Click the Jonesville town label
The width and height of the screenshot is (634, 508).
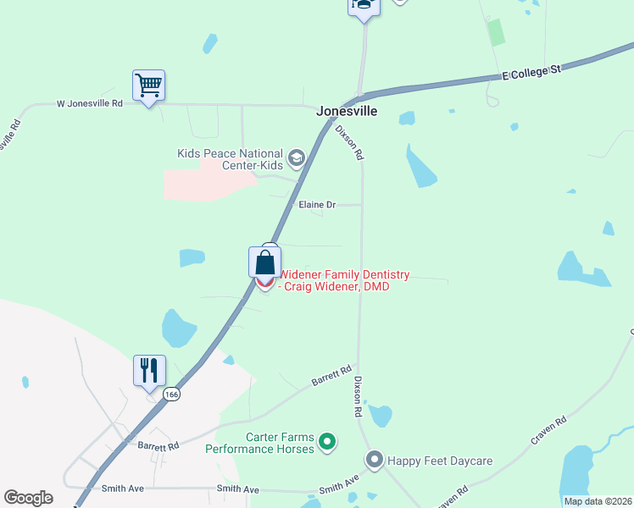347,111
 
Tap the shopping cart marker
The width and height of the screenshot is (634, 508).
148,86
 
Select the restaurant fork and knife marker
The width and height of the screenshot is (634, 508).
149,371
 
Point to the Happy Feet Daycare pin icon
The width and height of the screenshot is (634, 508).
375,460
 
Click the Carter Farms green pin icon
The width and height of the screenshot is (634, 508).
326,441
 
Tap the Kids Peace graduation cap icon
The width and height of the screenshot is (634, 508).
296,157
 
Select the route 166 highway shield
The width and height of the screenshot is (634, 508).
172,395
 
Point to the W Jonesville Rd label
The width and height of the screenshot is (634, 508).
90,104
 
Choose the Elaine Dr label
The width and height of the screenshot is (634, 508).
318,205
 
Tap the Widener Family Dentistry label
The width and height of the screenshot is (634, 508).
344,280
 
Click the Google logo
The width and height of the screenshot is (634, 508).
28,498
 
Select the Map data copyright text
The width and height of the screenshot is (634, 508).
598,501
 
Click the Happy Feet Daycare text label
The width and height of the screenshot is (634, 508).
440,461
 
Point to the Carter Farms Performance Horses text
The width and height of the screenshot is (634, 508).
260,443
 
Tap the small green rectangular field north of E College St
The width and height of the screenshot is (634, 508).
496,32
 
